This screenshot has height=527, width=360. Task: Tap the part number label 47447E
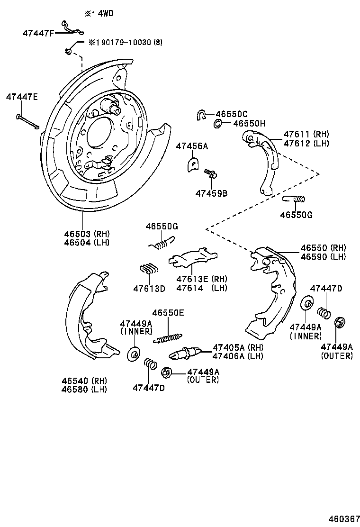pyautogui.click(x=22, y=97)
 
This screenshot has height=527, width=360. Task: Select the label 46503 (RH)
pyautogui.click(x=87, y=234)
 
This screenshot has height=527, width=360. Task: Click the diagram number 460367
pyautogui.click(x=342, y=518)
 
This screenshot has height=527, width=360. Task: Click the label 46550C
pyautogui.click(x=232, y=114)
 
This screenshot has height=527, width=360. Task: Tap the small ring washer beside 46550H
pyautogui.click(x=217, y=124)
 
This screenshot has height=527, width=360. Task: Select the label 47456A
pyautogui.click(x=192, y=146)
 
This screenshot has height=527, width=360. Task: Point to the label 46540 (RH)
pyautogui.click(x=84, y=381)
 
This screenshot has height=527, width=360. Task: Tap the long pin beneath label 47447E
pyautogui.click(x=27, y=120)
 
